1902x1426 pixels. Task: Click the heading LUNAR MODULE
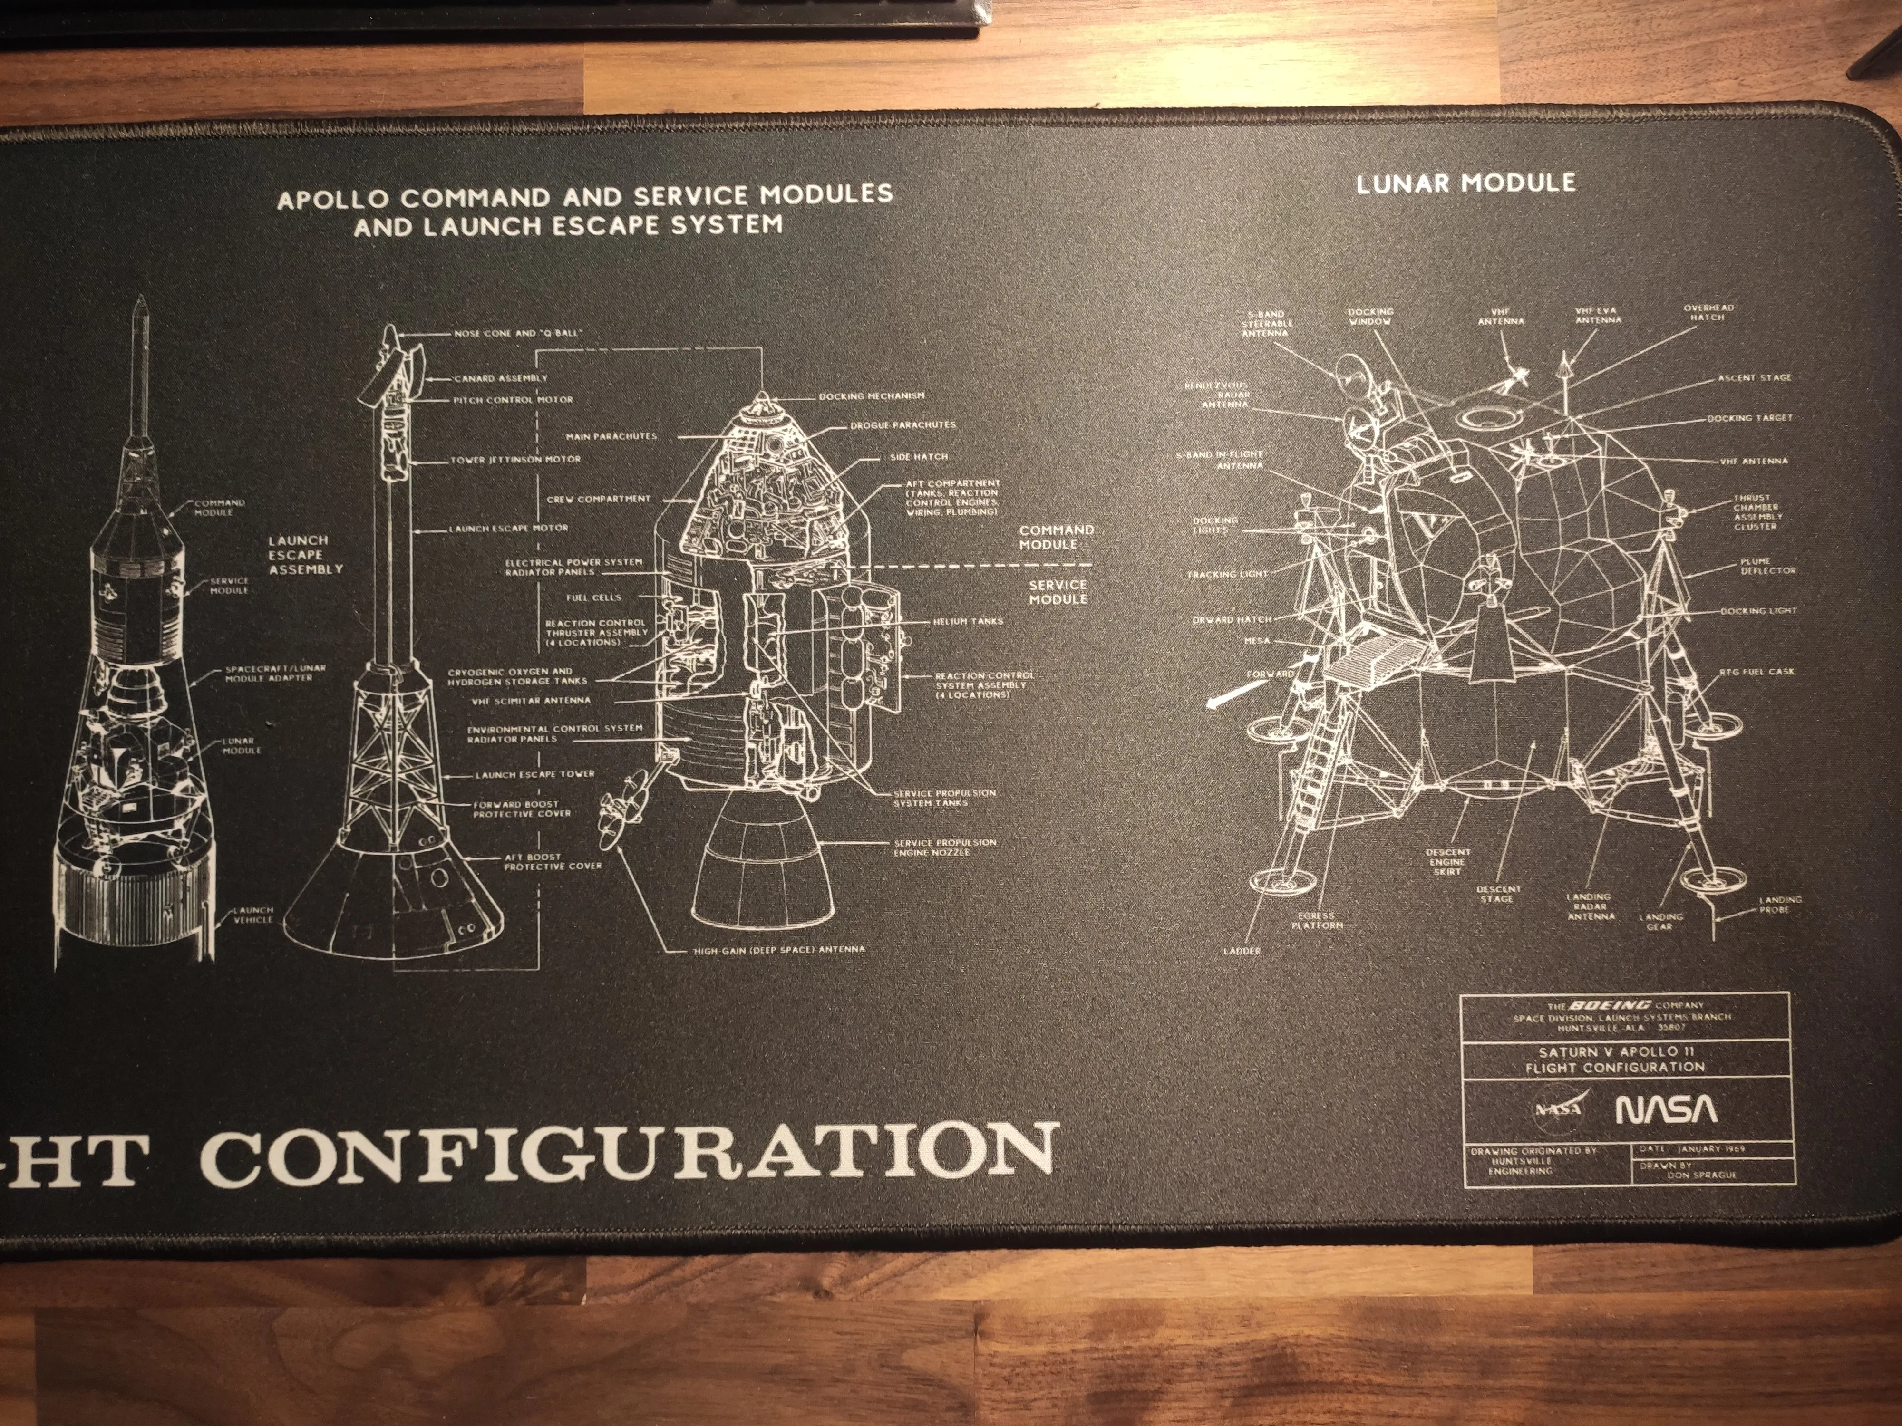1465,182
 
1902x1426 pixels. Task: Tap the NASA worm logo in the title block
1667,1110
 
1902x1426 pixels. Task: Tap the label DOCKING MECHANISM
871,396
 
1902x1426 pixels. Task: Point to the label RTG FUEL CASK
1756,671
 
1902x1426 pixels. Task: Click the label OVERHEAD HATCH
1708,312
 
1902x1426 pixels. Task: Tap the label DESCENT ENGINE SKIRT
1448,861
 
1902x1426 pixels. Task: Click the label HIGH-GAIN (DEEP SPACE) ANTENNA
778,950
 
